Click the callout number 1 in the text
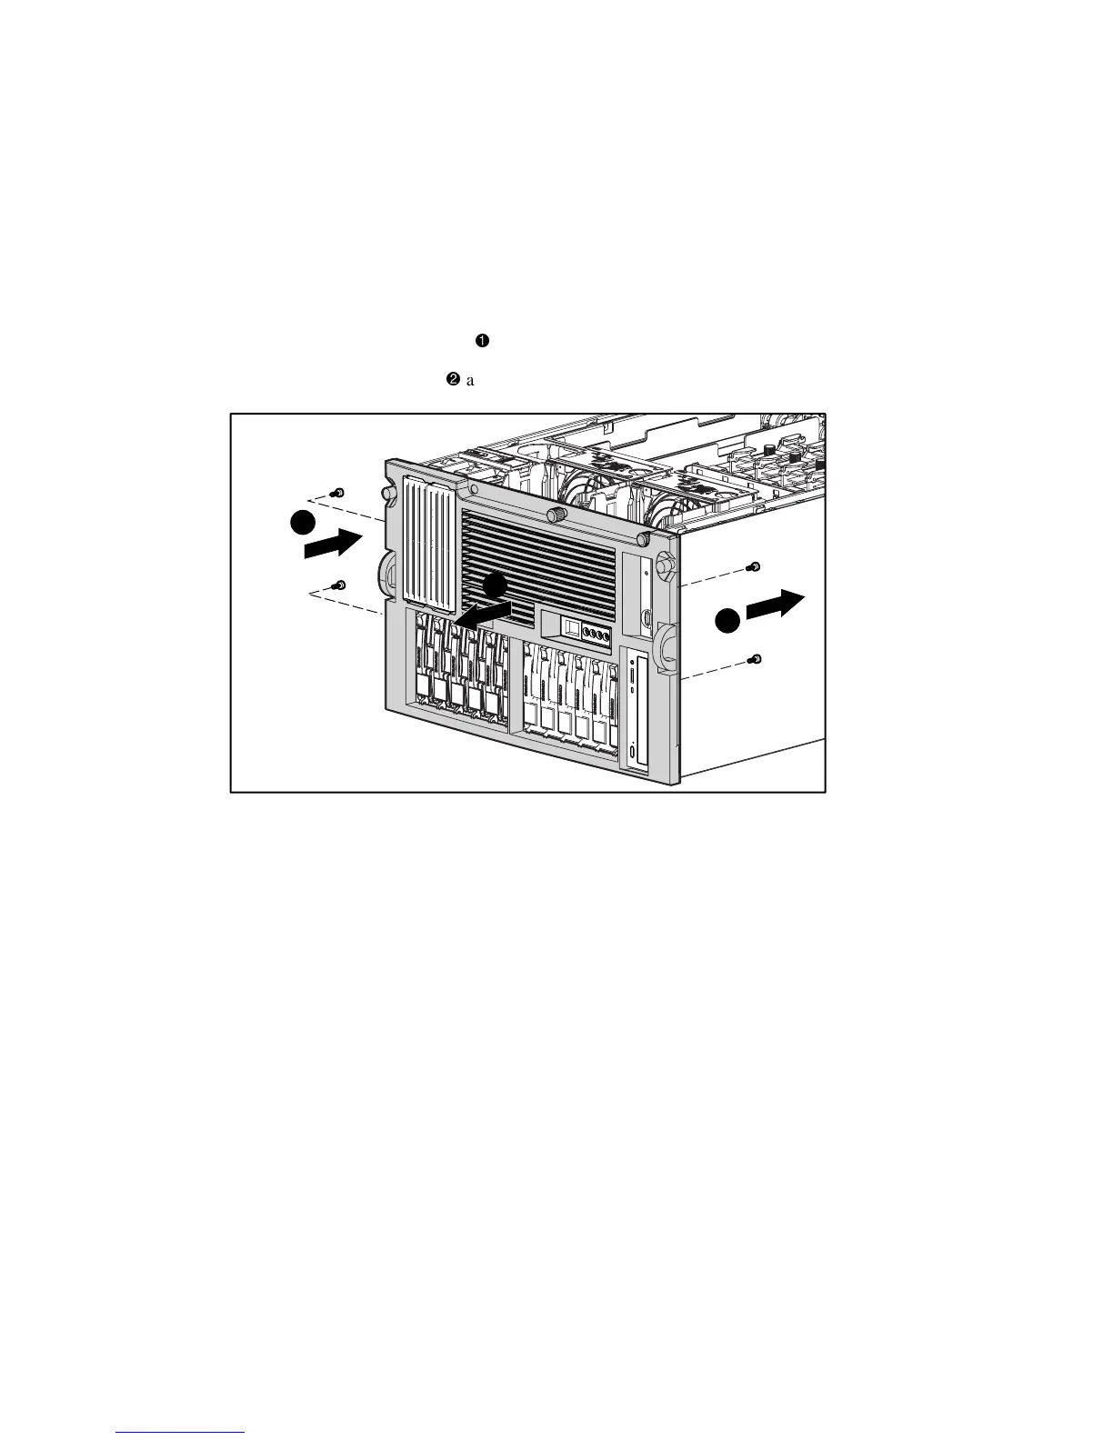[x=482, y=341]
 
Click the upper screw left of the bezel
[x=338, y=492]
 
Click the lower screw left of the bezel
[x=339, y=585]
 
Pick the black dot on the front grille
[x=495, y=586]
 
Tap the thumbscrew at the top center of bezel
[x=553, y=515]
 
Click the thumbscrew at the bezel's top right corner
[x=643, y=539]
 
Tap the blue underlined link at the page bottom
[x=181, y=1433]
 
